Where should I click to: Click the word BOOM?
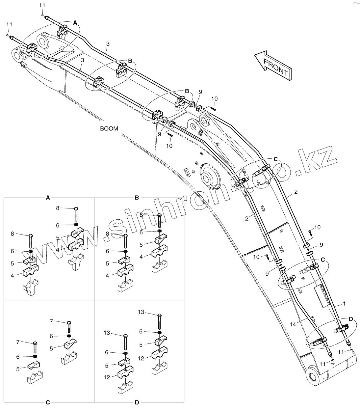(109, 129)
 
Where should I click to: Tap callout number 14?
(293, 324)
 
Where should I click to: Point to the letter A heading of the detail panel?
(48, 198)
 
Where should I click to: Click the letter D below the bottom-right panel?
(137, 402)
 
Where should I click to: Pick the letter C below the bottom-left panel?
(48, 402)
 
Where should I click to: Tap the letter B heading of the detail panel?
(137, 198)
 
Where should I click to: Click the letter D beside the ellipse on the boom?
(351, 319)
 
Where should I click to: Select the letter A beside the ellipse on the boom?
(75, 23)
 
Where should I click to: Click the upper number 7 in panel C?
(51, 321)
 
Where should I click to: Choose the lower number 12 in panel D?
(107, 378)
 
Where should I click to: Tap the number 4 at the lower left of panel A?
(13, 275)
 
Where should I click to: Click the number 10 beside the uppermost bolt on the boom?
(214, 98)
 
